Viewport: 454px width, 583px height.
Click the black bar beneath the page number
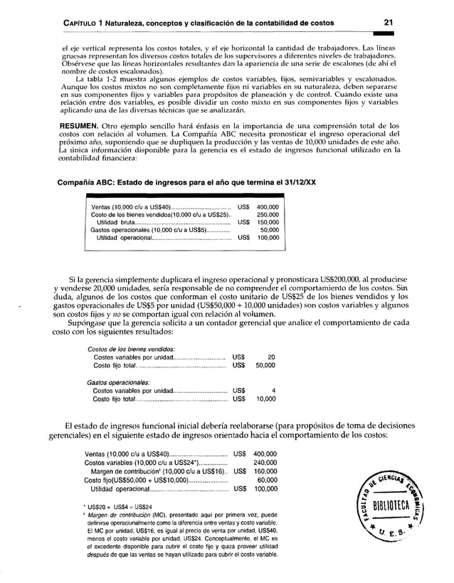[x=407, y=32]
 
